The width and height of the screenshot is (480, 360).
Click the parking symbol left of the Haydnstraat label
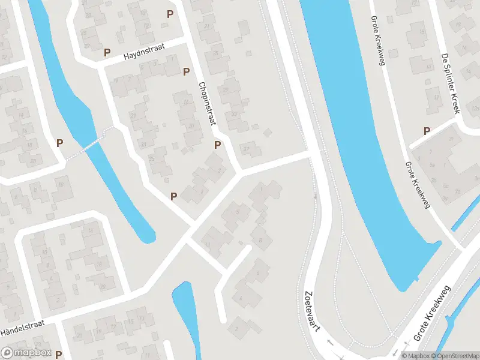click(x=107, y=52)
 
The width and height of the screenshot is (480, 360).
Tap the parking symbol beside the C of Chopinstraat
click(x=186, y=72)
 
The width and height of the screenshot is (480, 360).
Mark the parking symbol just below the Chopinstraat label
click(x=217, y=145)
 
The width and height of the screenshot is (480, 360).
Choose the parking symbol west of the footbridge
click(x=59, y=143)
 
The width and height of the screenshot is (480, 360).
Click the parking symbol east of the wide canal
click(x=427, y=131)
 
